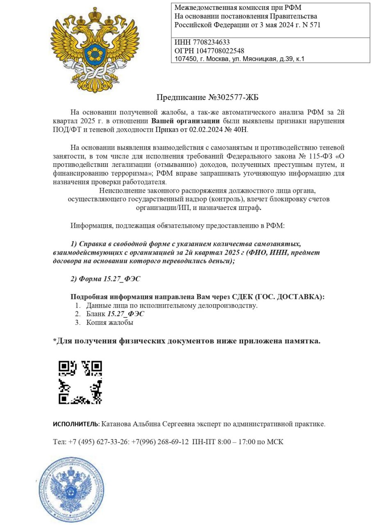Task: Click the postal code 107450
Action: click(x=185, y=59)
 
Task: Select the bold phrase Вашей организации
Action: click(x=186, y=121)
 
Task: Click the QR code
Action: click(x=80, y=382)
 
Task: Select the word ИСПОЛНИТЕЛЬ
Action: click(x=75, y=424)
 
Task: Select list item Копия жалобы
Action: click(x=109, y=322)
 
